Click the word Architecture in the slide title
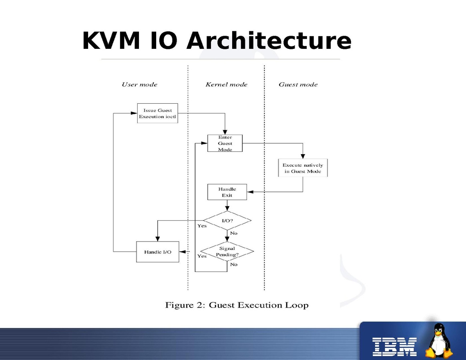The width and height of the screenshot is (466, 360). tap(269, 41)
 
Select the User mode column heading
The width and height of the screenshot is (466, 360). tap(139, 84)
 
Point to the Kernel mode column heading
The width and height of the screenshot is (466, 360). tap(226, 84)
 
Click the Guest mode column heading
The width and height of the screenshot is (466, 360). tap(298, 84)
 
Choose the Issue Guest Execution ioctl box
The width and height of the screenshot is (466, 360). tap(157, 113)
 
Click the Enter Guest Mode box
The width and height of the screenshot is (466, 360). tap(225, 143)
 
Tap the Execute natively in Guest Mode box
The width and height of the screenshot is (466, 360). tap(303, 168)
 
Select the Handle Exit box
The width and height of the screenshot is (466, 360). tap(227, 192)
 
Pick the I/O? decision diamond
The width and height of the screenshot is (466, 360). tap(227, 221)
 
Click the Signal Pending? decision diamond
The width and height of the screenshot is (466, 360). tap(227, 251)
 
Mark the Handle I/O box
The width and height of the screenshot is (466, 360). tap(157, 252)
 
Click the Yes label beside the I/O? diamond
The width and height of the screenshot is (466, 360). tap(202, 226)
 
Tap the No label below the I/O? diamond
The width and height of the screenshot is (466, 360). tap(234, 233)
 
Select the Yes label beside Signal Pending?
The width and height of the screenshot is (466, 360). tap(202, 256)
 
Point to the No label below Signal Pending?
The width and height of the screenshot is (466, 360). tap(234, 264)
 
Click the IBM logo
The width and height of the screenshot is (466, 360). tap(394, 346)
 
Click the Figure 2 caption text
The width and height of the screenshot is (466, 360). tap(237, 306)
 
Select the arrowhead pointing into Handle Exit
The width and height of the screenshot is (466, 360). tap(249, 192)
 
